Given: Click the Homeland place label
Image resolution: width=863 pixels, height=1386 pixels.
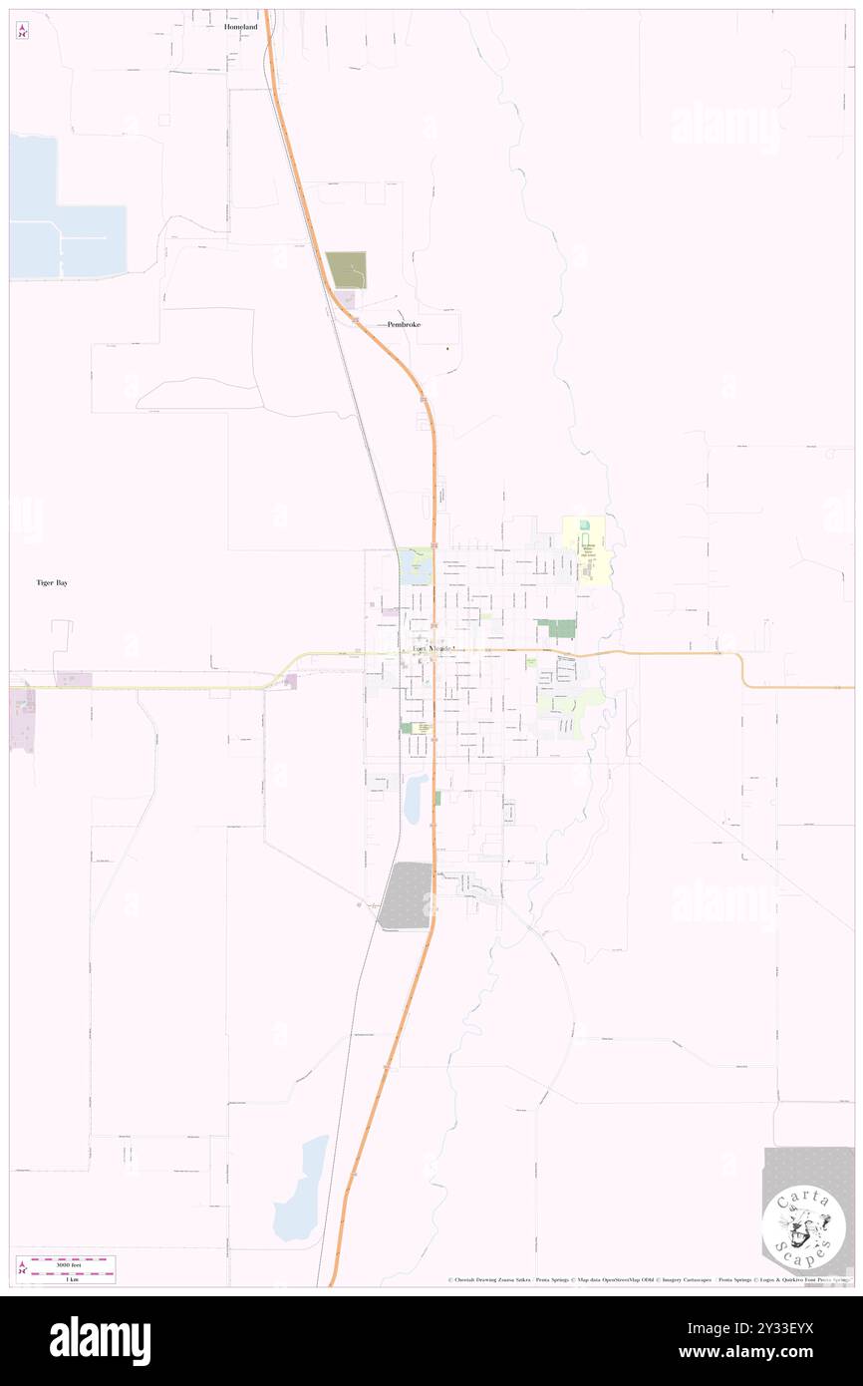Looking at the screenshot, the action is click(x=240, y=27).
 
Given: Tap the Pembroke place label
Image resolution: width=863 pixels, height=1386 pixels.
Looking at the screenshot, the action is click(x=404, y=325).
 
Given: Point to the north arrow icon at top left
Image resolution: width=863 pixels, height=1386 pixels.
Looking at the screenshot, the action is click(x=22, y=31).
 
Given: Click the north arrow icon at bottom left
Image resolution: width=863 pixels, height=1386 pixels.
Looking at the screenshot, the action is click(x=22, y=1269).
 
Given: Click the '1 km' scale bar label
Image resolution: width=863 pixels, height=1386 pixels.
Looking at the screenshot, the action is click(x=72, y=1279).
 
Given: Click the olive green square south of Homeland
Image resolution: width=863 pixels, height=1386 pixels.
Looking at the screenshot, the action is click(x=346, y=270).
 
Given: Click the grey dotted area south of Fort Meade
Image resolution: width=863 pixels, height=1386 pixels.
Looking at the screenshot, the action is click(x=407, y=894).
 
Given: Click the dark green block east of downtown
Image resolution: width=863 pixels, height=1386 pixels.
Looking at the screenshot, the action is click(x=555, y=628).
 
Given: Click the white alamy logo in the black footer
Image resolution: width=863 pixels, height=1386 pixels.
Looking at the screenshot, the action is click(x=100, y=1340).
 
